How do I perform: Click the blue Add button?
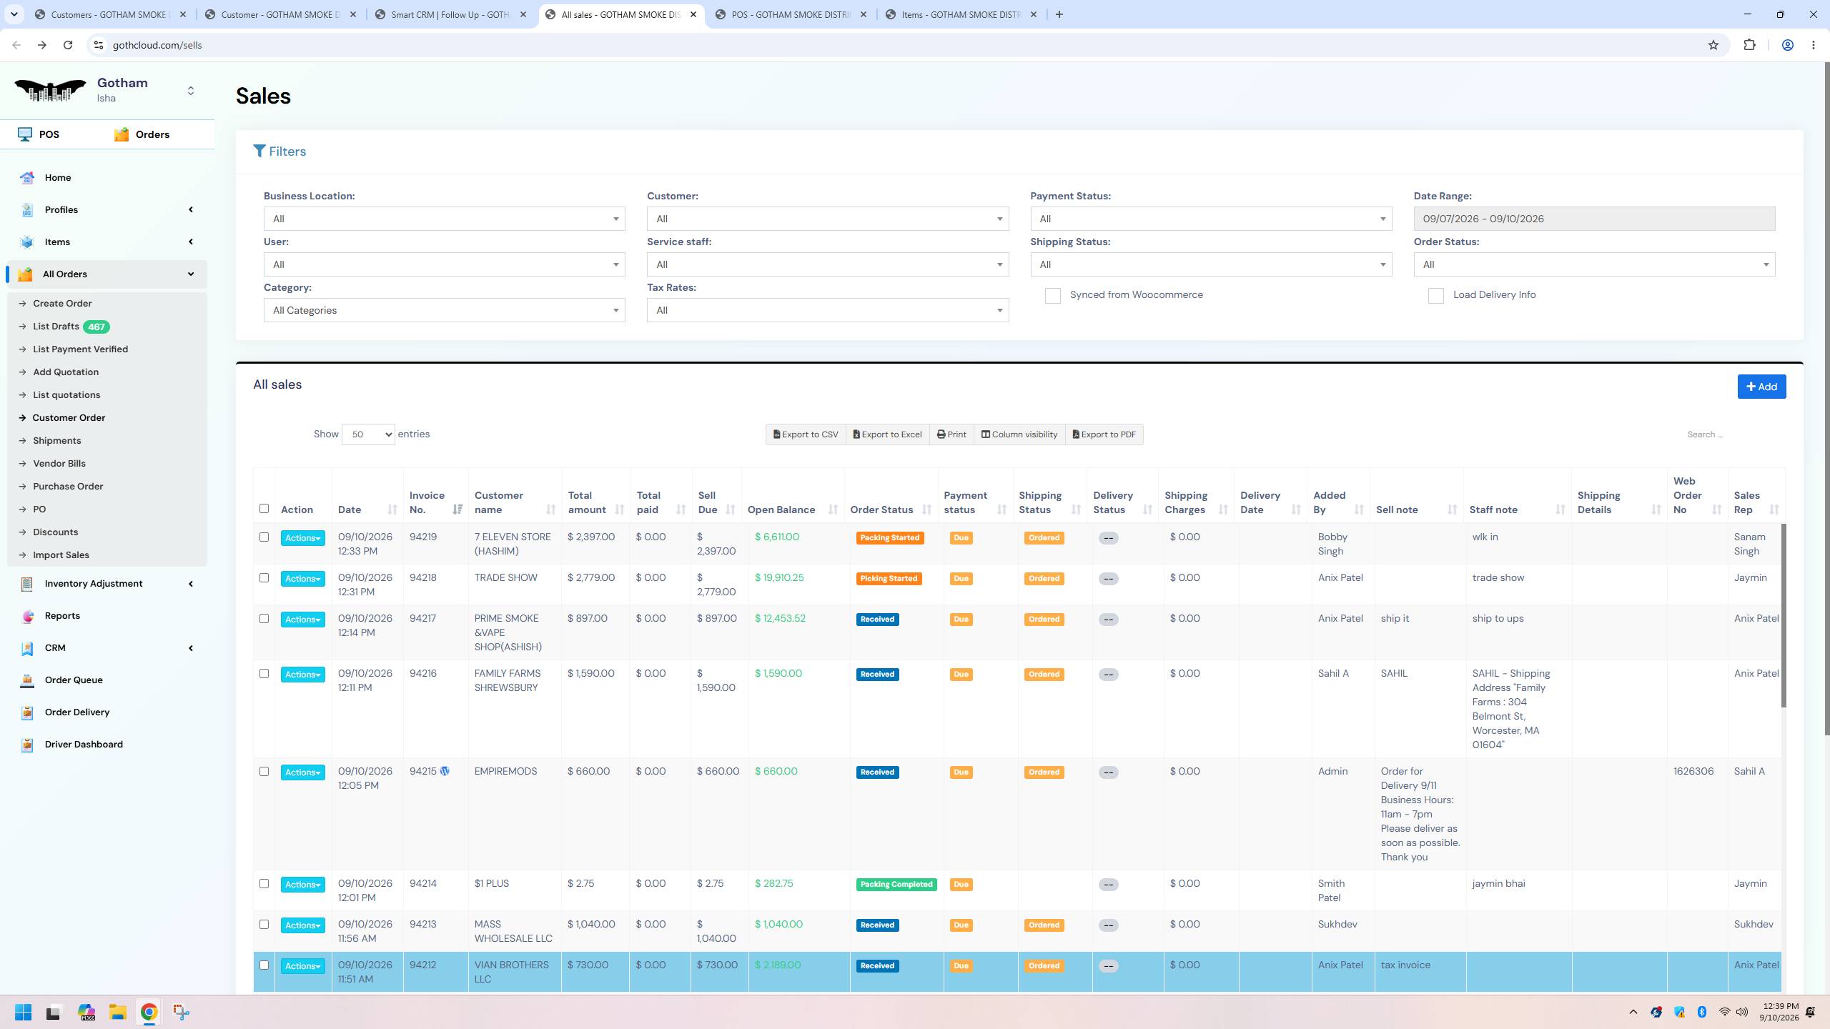pyautogui.click(x=1761, y=387)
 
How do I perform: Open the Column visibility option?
pyautogui.click(x=1019, y=434)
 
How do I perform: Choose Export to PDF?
pyautogui.click(x=1104, y=434)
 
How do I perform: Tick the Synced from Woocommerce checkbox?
pyautogui.click(x=1052, y=296)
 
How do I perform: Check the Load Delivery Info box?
pyautogui.click(x=1435, y=296)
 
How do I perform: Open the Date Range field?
pyautogui.click(x=1594, y=219)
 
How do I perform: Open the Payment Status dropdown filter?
pyautogui.click(x=1211, y=219)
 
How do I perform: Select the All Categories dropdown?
pyautogui.click(x=444, y=310)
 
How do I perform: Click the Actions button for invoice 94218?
pyautogui.click(x=302, y=579)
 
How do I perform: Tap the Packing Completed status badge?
pyautogui.click(x=896, y=884)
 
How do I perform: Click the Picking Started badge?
pyautogui.click(x=889, y=578)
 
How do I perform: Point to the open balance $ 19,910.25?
pyautogui.click(x=779, y=577)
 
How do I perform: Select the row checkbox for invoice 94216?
pyautogui.click(x=264, y=673)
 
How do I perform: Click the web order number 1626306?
pyautogui.click(x=1693, y=771)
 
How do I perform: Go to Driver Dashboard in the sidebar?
pyautogui.click(x=84, y=744)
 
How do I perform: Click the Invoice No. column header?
pyautogui.click(x=427, y=502)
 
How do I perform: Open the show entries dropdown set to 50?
pyautogui.click(x=368, y=434)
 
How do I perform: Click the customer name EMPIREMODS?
pyautogui.click(x=505, y=771)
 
